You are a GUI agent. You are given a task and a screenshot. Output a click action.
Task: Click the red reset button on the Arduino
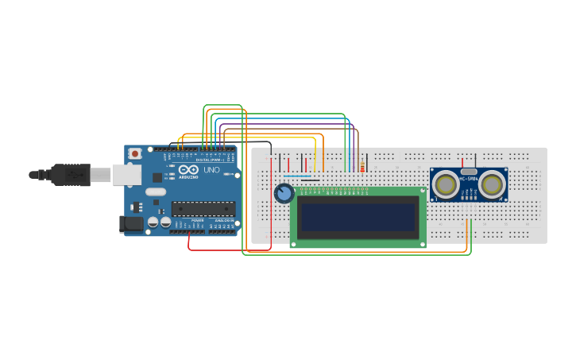[136, 153]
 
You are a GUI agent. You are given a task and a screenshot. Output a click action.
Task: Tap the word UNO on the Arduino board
[212, 170]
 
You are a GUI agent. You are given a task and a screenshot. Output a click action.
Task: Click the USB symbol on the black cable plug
[73, 174]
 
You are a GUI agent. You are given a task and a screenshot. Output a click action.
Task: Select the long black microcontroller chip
[203, 209]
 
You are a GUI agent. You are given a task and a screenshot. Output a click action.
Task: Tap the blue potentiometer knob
[284, 193]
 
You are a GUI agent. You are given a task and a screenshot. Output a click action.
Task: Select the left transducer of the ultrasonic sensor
[446, 184]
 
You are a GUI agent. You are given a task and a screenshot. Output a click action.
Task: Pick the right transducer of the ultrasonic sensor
[493, 184]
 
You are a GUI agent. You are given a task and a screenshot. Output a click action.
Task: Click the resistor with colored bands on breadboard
[362, 167]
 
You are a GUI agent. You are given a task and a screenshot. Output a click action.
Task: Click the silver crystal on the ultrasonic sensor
[469, 171]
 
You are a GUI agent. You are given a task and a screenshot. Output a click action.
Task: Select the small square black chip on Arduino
[157, 178]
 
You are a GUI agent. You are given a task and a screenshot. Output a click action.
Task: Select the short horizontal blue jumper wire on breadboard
[297, 176]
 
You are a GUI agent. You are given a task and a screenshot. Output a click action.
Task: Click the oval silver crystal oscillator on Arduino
[156, 192]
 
